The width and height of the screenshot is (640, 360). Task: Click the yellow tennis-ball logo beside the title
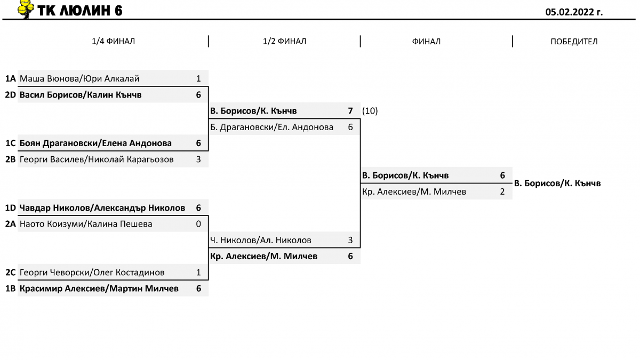(x=26, y=9)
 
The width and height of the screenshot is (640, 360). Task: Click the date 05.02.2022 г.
(x=574, y=12)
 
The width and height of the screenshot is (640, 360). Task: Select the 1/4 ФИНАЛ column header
(x=113, y=41)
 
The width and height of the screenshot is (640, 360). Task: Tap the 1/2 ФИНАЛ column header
(x=284, y=41)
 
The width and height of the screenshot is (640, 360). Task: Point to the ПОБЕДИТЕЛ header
(x=574, y=42)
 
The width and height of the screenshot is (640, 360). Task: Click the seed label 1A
(x=11, y=78)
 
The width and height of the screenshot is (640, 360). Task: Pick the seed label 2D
(x=11, y=95)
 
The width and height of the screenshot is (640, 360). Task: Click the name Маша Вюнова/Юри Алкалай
(x=79, y=78)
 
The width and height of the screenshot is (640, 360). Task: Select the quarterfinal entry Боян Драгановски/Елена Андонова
(x=95, y=143)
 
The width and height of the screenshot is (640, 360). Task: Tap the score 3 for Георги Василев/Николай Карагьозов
(x=198, y=159)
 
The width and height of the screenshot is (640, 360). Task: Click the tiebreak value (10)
(x=370, y=111)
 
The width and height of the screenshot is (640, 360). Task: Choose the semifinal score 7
(x=350, y=111)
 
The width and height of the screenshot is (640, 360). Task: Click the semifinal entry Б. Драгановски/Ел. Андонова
(x=271, y=127)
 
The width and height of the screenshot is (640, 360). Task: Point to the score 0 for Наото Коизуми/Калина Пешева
(x=198, y=224)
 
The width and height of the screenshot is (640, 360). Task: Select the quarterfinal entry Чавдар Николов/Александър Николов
(x=102, y=207)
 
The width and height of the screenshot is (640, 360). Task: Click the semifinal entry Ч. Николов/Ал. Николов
(x=261, y=241)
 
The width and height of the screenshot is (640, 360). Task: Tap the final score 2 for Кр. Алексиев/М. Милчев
(x=502, y=191)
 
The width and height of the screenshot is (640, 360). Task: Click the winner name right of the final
(x=557, y=183)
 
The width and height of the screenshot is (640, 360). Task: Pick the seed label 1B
(x=11, y=289)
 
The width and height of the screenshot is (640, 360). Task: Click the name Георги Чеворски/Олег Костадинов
(x=92, y=273)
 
